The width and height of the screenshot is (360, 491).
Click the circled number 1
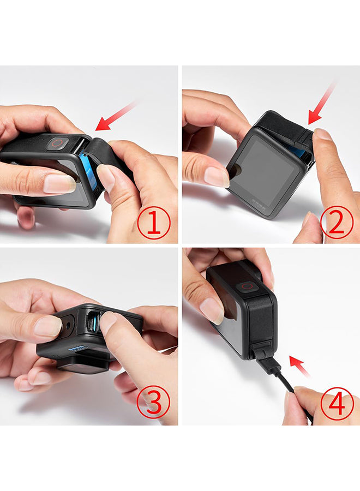click(x=154, y=223)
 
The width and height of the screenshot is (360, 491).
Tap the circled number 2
click(x=337, y=223)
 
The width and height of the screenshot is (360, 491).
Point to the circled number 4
click(x=337, y=403)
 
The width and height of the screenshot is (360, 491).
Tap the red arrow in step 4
click(x=300, y=366)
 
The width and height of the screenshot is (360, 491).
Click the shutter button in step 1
click(x=57, y=143)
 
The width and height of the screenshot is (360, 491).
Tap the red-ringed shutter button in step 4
click(x=247, y=287)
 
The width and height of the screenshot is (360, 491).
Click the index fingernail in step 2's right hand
click(x=323, y=134)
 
